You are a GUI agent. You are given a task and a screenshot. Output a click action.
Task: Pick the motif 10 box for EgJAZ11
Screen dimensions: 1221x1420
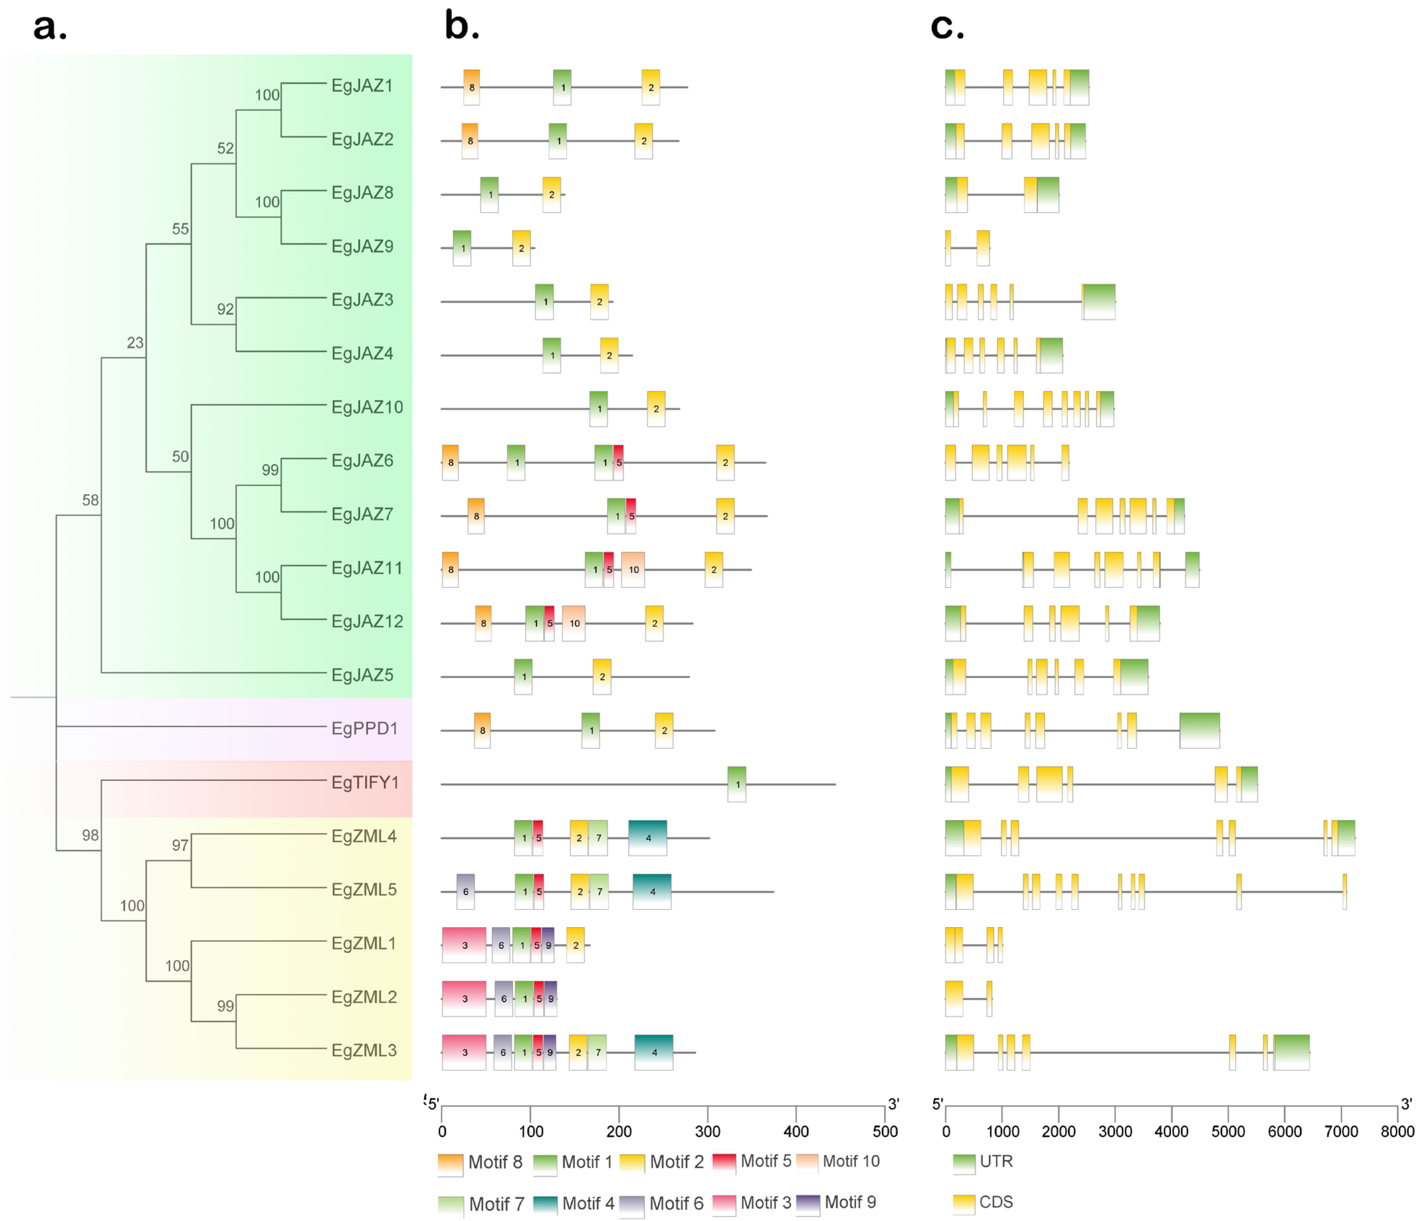tap(633, 570)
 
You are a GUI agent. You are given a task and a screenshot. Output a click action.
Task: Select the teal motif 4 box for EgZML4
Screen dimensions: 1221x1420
tap(648, 838)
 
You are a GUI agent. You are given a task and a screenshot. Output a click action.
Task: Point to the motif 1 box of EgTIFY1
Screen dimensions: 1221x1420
tap(737, 784)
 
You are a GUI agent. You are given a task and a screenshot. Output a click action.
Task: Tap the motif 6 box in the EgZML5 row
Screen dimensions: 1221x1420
tap(465, 891)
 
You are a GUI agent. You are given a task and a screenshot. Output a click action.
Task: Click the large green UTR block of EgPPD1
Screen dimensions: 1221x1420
tap(1199, 730)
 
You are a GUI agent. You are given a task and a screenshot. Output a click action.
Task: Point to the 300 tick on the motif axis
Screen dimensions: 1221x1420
tap(707, 1131)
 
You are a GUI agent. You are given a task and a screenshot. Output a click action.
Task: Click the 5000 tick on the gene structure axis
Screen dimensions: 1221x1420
tap(1227, 1131)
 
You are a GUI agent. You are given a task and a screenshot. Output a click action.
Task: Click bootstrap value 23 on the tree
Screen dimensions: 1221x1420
tap(135, 343)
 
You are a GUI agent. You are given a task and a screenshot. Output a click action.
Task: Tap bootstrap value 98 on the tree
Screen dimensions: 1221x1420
tap(90, 835)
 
